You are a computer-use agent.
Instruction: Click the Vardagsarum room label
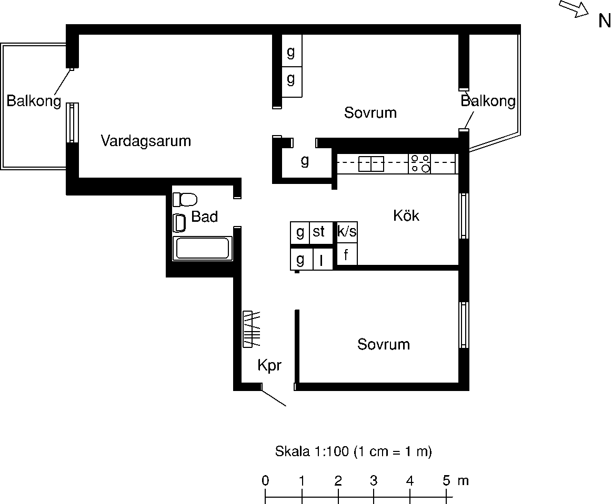coord(146,141)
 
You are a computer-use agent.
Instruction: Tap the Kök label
coord(406,215)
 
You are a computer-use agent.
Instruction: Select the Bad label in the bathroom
coord(205,217)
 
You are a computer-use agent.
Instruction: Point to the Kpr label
coord(269,365)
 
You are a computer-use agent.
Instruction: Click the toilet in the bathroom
coord(185,200)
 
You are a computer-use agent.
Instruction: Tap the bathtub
coord(202,248)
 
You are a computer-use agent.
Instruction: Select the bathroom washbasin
coord(179,223)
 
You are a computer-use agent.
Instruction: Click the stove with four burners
coord(420,164)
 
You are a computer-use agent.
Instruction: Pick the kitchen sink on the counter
coord(371,164)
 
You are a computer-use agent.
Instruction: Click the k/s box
coord(347,232)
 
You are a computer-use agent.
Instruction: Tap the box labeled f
coord(347,254)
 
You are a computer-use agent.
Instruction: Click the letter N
coord(605,21)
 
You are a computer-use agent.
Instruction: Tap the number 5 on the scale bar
coord(446,480)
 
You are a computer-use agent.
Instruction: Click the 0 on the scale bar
coord(265,480)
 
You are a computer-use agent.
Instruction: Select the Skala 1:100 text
coord(312,451)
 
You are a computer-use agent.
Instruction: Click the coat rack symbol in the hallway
coord(252,328)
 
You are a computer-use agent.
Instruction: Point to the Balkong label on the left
coord(34,100)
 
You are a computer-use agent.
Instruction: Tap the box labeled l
coord(323,259)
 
